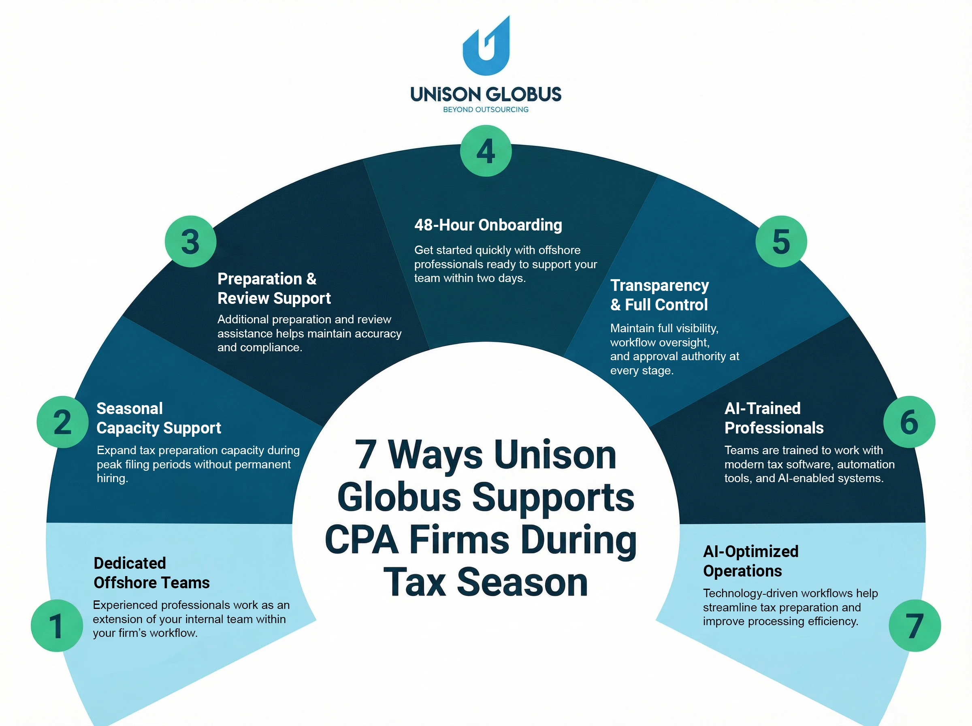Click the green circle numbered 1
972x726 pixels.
(x=57, y=625)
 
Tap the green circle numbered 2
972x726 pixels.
(x=62, y=422)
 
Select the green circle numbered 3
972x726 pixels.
(x=190, y=241)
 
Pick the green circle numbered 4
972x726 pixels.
(x=485, y=151)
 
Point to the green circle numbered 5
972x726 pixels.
(x=781, y=241)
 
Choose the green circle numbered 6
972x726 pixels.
(x=909, y=422)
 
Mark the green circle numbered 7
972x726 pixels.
(x=914, y=625)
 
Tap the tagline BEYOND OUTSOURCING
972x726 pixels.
(x=485, y=109)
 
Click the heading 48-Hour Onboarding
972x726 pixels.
(x=488, y=225)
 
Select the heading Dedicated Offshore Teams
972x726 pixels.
(x=151, y=572)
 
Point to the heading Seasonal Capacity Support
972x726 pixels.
(x=159, y=418)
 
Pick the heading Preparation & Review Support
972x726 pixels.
(x=274, y=288)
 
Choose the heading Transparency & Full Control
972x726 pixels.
(x=659, y=295)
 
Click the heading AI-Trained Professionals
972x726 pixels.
(x=774, y=418)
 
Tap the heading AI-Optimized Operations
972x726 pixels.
(x=750, y=561)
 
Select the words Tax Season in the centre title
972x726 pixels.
(x=485, y=582)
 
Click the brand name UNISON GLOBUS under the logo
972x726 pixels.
(x=485, y=94)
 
